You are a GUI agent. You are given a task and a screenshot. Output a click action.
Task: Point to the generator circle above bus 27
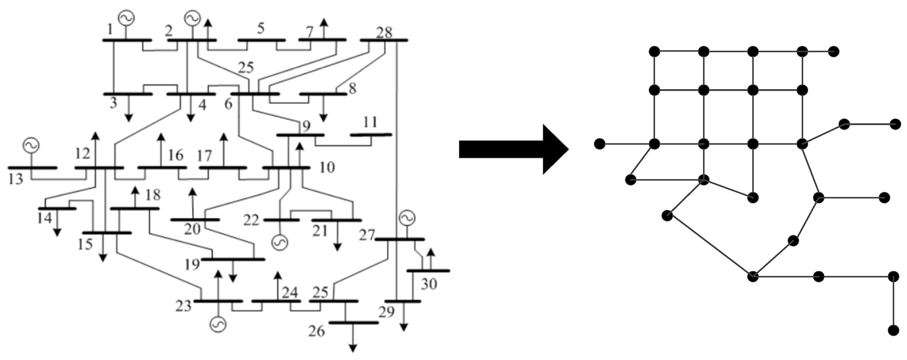click(407, 218)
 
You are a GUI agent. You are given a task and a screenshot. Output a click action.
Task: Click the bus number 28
click(384, 32)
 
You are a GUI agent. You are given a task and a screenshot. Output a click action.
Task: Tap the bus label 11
click(370, 122)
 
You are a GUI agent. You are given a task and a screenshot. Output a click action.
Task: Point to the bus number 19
click(192, 265)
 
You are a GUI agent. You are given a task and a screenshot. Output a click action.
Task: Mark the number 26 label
click(316, 331)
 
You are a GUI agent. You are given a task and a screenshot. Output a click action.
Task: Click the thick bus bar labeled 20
click(195, 220)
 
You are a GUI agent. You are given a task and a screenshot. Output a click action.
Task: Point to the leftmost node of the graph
click(599, 144)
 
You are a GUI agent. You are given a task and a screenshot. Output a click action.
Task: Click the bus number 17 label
click(205, 156)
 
